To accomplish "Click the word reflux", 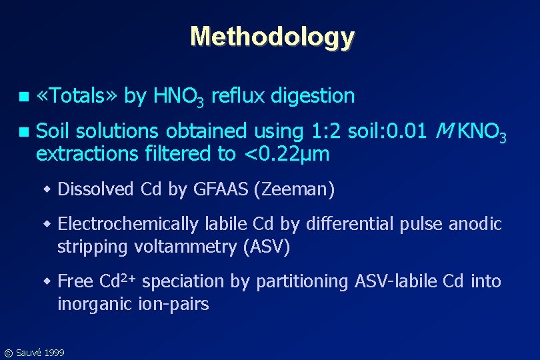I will pos(239,97).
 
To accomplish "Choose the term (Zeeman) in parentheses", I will pos(294,190).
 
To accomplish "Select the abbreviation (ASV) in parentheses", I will pos(267,247).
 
